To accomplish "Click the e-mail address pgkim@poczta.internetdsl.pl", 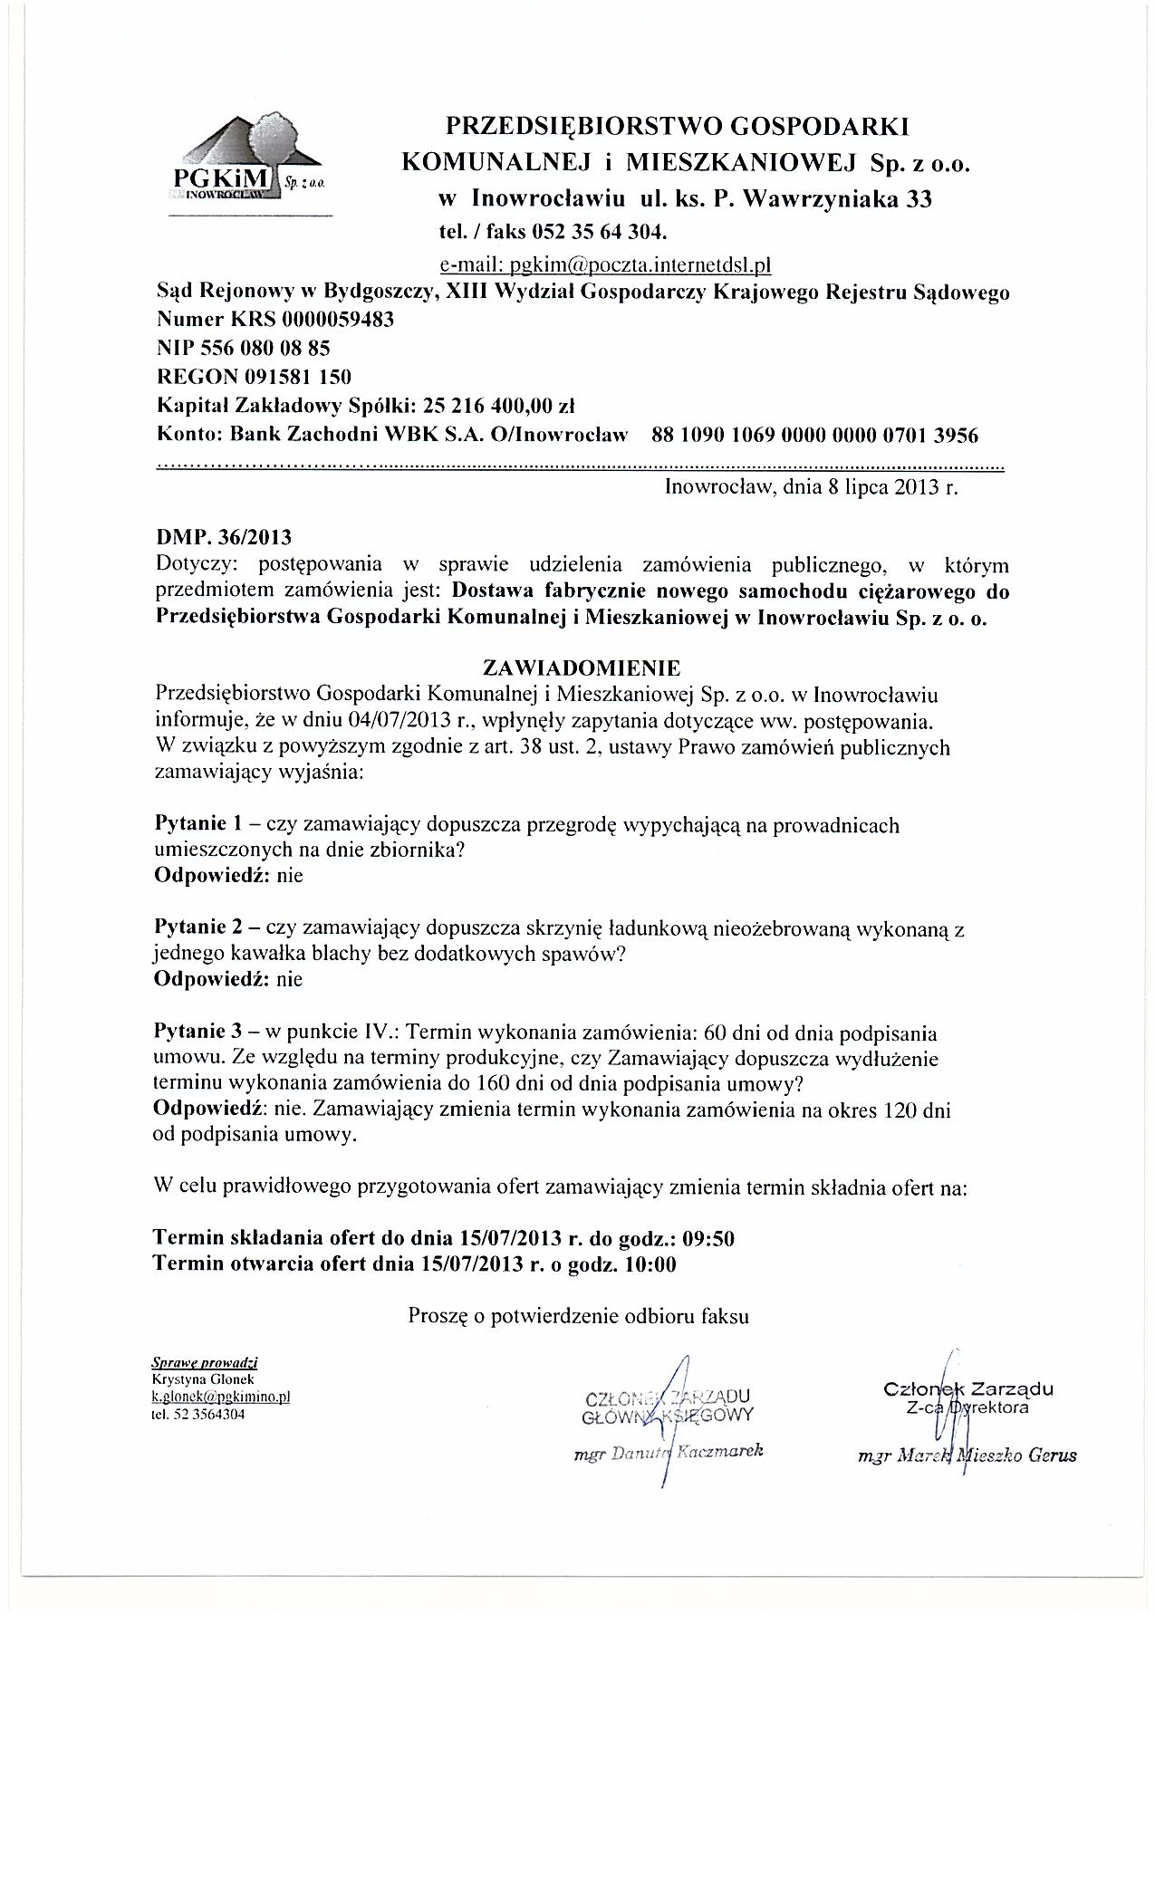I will point(604,265).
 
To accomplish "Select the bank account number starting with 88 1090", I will point(815,435).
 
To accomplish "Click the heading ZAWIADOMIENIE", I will point(582,668).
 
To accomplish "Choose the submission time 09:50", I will point(709,1238).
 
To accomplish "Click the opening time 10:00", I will point(650,1264).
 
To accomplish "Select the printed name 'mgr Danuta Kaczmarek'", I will point(669,1451).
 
